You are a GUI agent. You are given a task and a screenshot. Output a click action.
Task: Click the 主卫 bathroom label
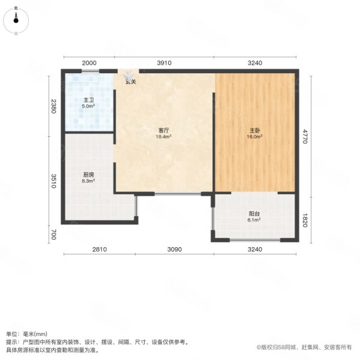click(x=89, y=100)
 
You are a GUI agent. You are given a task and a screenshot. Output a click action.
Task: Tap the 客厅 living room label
click(x=164, y=130)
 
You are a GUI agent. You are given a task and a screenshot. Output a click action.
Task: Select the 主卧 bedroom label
click(x=254, y=130)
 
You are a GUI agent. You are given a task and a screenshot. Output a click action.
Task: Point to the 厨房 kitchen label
click(x=88, y=175)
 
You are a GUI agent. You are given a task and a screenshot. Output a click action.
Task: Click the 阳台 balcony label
click(x=254, y=214)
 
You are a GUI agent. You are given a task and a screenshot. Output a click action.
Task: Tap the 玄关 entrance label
click(x=131, y=82)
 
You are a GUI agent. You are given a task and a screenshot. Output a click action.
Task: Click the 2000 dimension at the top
click(x=89, y=63)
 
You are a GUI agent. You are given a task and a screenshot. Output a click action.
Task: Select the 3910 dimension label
click(x=164, y=63)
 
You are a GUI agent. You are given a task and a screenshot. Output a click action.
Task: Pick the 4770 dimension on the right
click(x=305, y=136)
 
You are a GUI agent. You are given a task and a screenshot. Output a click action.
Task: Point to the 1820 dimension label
click(x=305, y=220)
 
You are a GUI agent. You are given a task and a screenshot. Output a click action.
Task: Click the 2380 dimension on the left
click(x=53, y=106)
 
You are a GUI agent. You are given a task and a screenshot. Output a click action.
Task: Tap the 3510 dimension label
click(x=53, y=181)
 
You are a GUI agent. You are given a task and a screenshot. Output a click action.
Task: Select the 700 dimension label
click(x=53, y=235)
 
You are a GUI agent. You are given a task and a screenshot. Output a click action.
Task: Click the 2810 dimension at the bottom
click(x=100, y=250)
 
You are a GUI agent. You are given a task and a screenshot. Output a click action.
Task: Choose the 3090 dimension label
click(x=175, y=250)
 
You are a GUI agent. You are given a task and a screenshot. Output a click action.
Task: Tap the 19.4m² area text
click(x=164, y=137)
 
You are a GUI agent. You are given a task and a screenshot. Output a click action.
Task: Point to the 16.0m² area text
click(x=254, y=137)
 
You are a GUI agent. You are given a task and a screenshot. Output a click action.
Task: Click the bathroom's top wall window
click(x=91, y=71)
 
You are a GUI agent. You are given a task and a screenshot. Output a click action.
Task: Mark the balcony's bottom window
click(x=255, y=240)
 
